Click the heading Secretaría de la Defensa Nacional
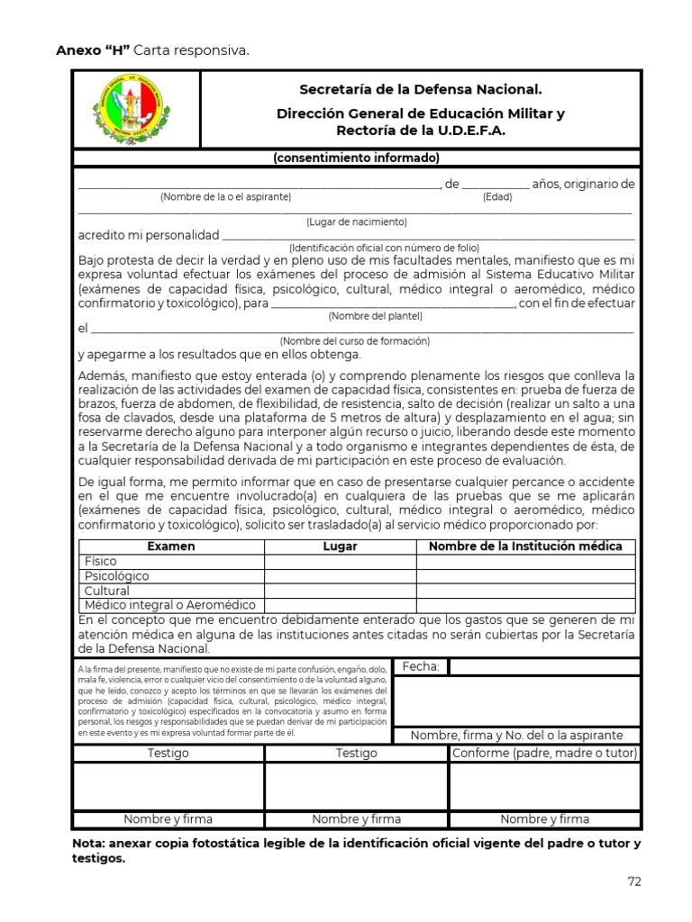pyautogui.click(x=421, y=90)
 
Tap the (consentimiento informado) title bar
pyautogui.click(x=356, y=158)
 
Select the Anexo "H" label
pyautogui.click(x=93, y=50)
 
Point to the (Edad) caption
pyautogui.click(x=496, y=197)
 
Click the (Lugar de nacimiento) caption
pyautogui.click(x=356, y=221)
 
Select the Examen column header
pyautogui.click(x=171, y=547)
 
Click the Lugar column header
pyautogui.click(x=340, y=547)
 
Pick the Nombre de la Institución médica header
pyautogui.click(x=524, y=547)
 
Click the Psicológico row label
pyautogui.click(x=117, y=576)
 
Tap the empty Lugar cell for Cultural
pyautogui.click(x=340, y=592)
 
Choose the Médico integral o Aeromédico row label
pyautogui.click(x=169, y=606)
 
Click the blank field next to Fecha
pyautogui.click(x=544, y=667)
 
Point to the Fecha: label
pyautogui.click(x=421, y=667)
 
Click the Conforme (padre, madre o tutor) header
pyautogui.click(x=543, y=754)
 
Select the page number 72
pyautogui.click(x=634, y=882)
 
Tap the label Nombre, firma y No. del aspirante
pyautogui.click(x=517, y=736)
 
